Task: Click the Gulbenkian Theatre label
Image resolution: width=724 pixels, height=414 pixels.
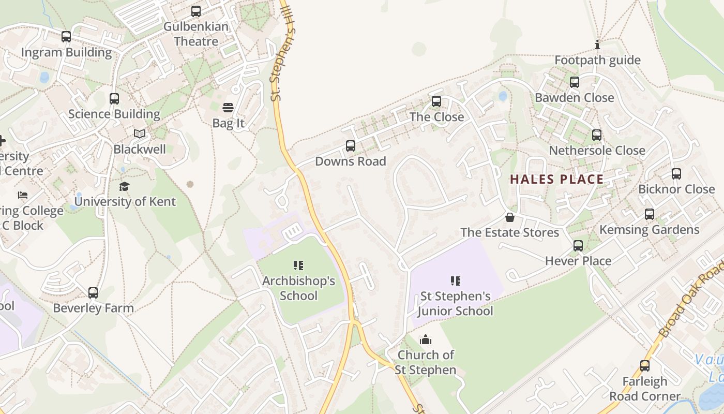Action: (195, 34)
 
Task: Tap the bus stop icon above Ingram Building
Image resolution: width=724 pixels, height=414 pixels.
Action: (66, 37)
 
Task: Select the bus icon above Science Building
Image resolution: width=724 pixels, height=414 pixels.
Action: (114, 98)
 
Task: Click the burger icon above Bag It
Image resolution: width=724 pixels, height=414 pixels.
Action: (228, 108)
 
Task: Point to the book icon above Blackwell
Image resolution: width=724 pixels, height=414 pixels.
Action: (140, 134)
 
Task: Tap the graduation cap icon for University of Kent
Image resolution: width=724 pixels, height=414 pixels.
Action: (125, 186)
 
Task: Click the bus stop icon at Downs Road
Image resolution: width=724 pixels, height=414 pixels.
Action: (351, 146)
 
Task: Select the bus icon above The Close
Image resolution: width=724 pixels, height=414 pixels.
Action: (436, 101)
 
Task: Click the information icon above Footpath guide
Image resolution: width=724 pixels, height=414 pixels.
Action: (597, 45)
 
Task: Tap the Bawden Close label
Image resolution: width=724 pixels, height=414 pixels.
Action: (574, 98)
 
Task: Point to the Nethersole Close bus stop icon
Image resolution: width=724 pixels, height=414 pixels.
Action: (597, 135)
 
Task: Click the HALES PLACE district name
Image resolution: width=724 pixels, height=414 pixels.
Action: (557, 180)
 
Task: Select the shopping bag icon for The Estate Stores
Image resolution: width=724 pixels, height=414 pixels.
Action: (510, 217)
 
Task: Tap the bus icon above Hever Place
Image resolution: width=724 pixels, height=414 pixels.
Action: (578, 246)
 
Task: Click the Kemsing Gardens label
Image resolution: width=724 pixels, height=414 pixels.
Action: (649, 230)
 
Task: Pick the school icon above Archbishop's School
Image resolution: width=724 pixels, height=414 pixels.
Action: (298, 265)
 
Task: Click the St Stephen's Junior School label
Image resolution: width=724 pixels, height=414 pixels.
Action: (455, 303)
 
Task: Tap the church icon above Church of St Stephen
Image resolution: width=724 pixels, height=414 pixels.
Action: (426, 339)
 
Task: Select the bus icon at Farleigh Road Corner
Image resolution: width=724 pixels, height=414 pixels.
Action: (645, 366)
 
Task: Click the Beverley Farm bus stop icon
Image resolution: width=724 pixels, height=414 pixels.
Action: (93, 293)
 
